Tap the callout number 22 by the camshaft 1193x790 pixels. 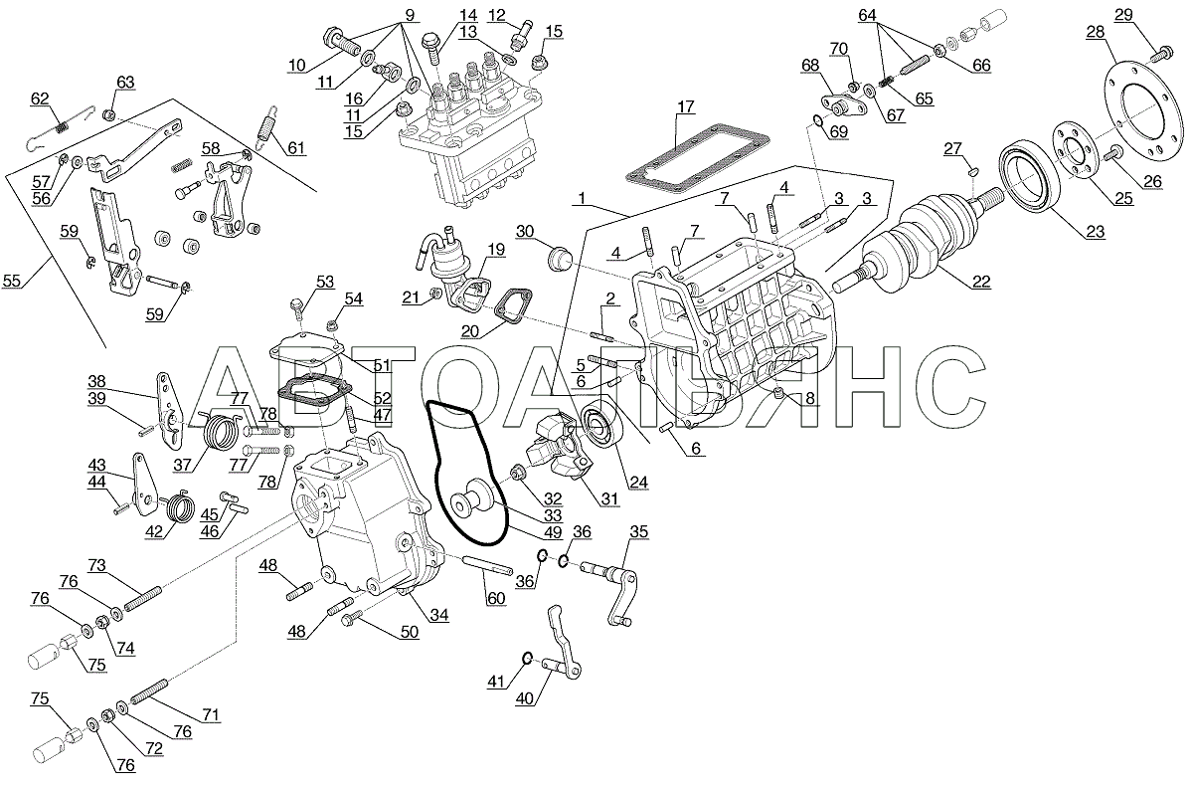tap(981, 281)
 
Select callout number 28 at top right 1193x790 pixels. tap(1095, 33)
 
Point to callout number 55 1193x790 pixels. tap(11, 282)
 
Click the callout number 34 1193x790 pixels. tap(438, 615)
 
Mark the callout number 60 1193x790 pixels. tap(495, 598)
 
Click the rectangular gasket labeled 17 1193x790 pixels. tap(696, 155)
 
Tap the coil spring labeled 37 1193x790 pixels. tap(223, 434)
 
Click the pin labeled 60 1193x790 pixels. tap(486, 570)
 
